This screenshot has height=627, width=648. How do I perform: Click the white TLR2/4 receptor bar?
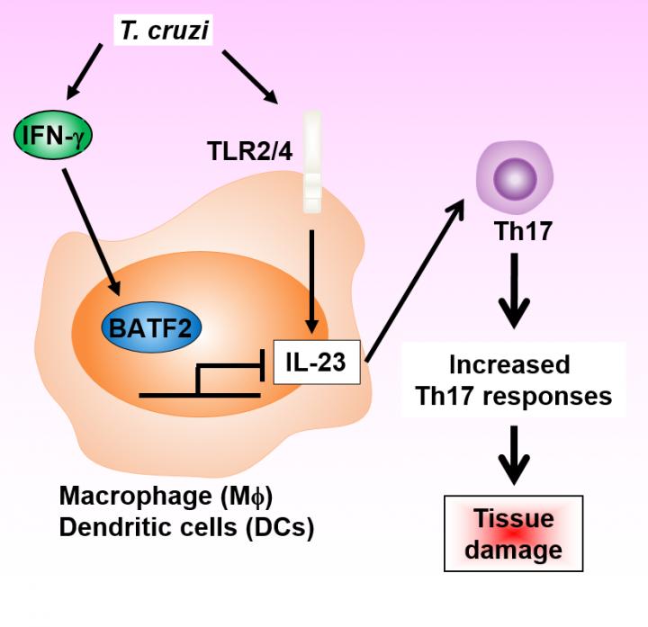coord(311,162)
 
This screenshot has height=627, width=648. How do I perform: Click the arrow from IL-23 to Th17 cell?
coord(414,279)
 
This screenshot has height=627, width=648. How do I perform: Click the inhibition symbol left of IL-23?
coord(225,378)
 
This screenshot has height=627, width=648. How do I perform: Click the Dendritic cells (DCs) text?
coord(185,528)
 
